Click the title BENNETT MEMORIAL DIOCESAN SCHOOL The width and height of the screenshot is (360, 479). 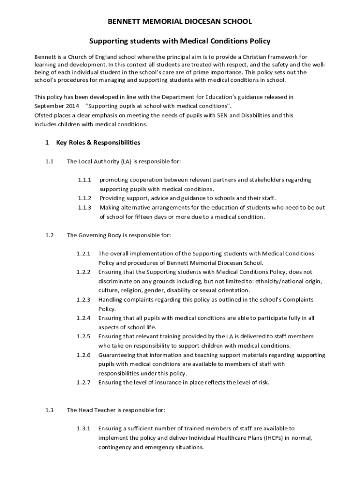pyautogui.click(x=180, y=22)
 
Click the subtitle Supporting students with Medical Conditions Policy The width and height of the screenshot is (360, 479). pyautogui.click(x=180, y=41)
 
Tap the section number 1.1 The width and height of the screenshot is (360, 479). pyautogui.click(x=50, y=161)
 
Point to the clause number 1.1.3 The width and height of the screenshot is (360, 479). pyautogui.click(x=84, y=207)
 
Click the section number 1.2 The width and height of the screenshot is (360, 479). pyautogui.click(x=50, y=235)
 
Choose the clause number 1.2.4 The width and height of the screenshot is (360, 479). pyautogui.click(x=83, y=318)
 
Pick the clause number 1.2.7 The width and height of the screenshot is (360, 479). pyautogui.click(x=83, y=382)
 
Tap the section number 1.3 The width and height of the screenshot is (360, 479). pyautogui.click(x=50, y=410)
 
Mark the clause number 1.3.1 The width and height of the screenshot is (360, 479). pyautogui.click(x=84, y=428)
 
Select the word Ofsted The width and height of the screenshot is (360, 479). pyautogui.click(x=43, y=115)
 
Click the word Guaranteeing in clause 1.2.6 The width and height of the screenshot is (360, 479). pyautogui.click(x=116, y=355)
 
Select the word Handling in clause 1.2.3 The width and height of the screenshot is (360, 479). pyautogui.click(x=111, y=299)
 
